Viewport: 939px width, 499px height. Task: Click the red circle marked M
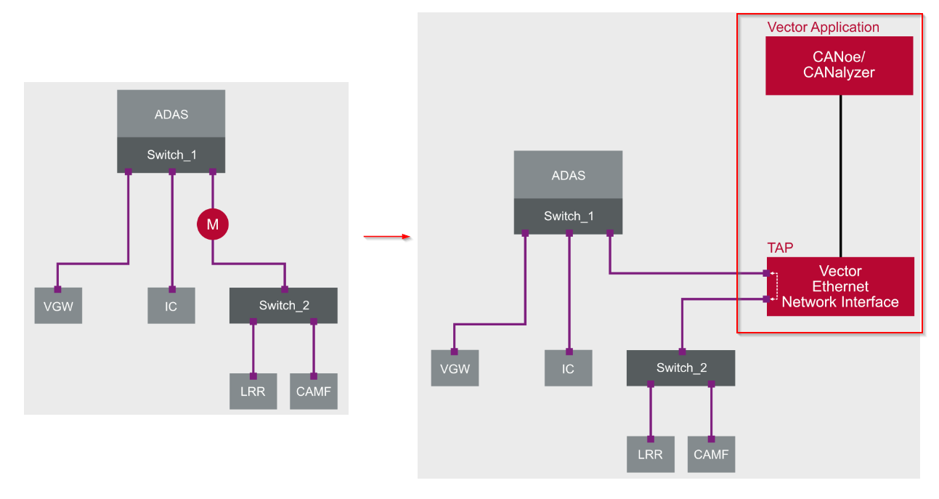[x=212, y=225]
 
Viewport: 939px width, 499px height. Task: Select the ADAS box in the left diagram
[x=171, y=114]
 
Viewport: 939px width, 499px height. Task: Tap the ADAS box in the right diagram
[x=568, y=175]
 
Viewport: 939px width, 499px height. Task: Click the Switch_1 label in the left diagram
[x=171, y=155]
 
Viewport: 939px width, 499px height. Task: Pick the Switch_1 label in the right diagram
[x=568, y=216]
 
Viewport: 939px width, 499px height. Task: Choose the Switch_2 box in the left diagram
[x=283, y=305]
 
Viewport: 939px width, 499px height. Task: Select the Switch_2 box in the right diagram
[x=680, y=368]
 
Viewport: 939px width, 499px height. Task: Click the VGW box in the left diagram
[x=58, y=306]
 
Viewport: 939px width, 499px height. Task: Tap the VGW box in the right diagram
[x=455, y=368]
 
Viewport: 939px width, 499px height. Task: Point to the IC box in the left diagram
[x=171, y=306]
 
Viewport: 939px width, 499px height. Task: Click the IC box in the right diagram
[x=568, y=368]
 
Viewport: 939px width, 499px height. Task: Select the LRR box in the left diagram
[x=253, y=392]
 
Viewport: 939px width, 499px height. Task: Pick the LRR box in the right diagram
[x=650, y=454]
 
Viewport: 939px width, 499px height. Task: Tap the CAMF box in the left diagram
[x=313, y=392]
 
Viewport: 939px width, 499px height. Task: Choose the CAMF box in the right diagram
[x=710, y=454]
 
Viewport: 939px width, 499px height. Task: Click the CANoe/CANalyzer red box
[x=839, y=65]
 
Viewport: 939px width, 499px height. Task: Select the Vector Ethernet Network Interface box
[x=840, y=287]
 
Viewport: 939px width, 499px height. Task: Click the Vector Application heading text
[x=823, y=28]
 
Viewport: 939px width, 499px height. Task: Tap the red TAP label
[x=780, y=248]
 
